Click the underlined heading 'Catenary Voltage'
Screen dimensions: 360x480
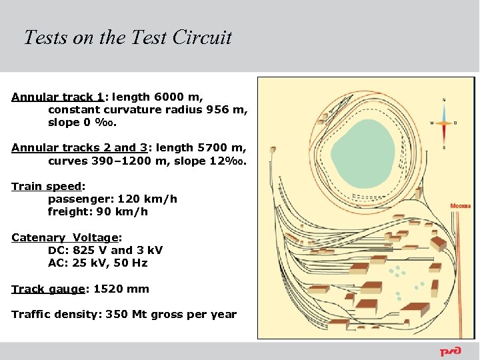tap(64, 238)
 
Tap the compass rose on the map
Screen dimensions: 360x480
tap(443, 123)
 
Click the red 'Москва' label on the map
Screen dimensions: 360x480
tap(460, 206)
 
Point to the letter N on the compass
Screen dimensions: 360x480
tap(444, 100)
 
